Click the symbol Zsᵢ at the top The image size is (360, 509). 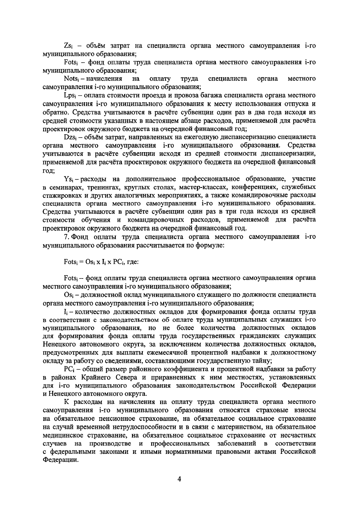click(68, 46)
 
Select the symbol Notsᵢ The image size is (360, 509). click(71, 79)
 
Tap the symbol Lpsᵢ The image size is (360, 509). click(69, 96)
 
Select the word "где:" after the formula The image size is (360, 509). click(133, 261)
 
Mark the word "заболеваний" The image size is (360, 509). click(236, 443)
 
